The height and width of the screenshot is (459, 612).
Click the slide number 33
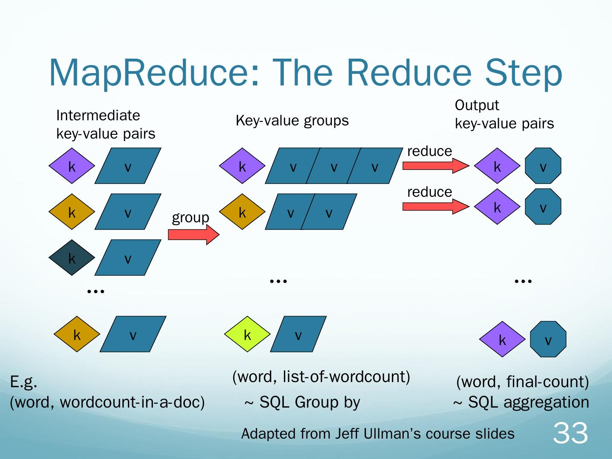click(570, 433)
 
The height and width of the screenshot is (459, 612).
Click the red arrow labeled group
click(193, 235)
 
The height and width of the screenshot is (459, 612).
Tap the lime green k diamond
click(247, 334)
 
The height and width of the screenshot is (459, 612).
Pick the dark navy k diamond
click(72, 258)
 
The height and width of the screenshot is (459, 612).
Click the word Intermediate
click(98, 115)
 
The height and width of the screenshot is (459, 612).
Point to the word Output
click(476, 105)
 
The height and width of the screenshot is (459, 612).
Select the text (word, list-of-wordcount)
click(321, 377)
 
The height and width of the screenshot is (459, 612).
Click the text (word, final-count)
click(522, 382)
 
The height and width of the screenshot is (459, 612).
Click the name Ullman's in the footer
click(391, 433)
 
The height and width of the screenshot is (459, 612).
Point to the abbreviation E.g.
click(23, 382)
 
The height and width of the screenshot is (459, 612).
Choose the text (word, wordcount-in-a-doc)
click(107, 402)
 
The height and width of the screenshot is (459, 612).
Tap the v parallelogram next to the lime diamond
click(298, 334)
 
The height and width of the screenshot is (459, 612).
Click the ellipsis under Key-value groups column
click(278, 281)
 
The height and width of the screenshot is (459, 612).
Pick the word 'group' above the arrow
click(190, 218)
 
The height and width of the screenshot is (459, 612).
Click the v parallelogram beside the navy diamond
click(128, 258)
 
